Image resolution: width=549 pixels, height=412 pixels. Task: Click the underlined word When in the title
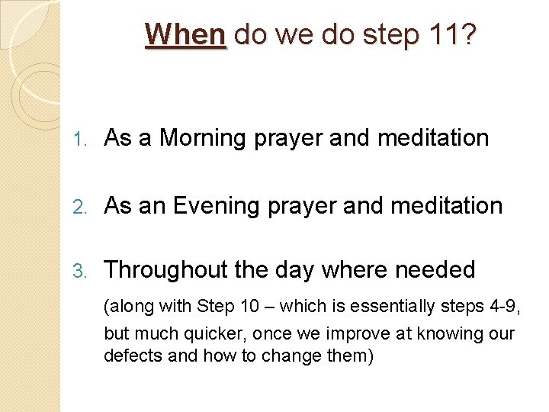(185, 34)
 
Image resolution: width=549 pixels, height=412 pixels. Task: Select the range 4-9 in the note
(507, 307)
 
